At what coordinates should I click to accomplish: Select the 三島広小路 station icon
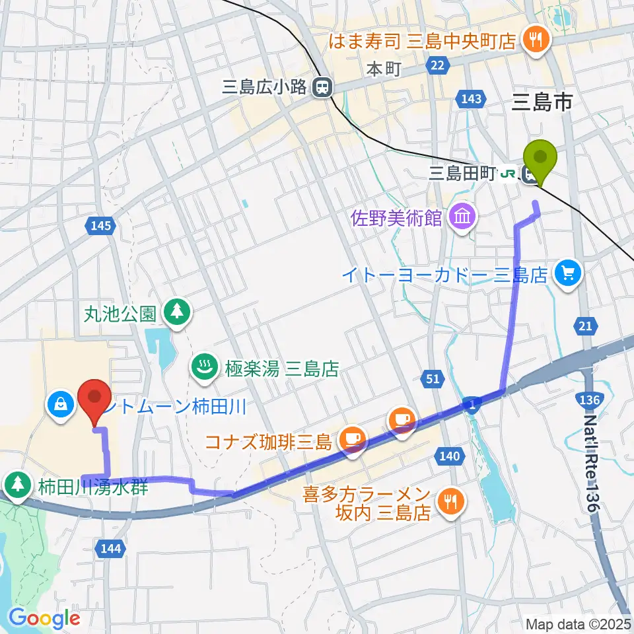322,86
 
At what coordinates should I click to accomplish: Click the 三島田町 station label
462,174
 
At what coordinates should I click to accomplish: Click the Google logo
44,618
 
